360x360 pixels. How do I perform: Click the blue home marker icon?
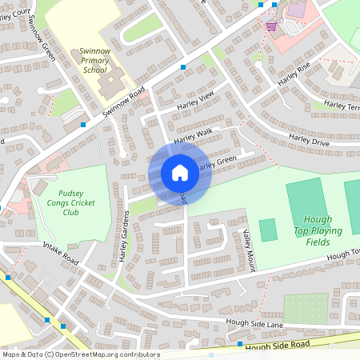click(x=180, y=173)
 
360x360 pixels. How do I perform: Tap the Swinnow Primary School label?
click(x=94, y=60)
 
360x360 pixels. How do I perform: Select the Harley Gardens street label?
click(x=124, y=239)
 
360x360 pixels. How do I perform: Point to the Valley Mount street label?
click(x=250, y=249)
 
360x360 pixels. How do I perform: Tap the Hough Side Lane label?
click(x=254, y=323)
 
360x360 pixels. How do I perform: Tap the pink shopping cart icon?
click(x=271, y=26)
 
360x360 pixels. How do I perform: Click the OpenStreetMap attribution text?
click(x=81, y=354)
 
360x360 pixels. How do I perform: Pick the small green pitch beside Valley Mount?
click(x=268, y=230)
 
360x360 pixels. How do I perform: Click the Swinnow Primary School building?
click(x=112, y=80)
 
